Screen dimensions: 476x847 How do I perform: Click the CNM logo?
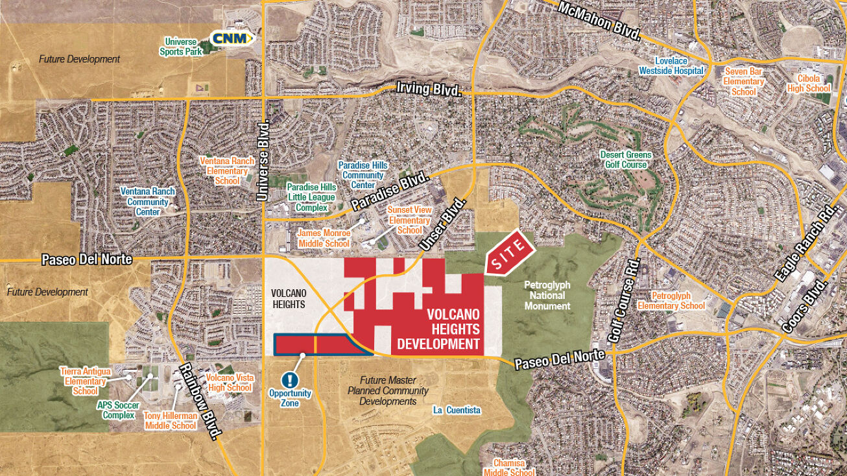[232, 38]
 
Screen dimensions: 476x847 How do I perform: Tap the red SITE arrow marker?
[509, 254]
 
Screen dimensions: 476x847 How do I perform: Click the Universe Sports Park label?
[184, 46]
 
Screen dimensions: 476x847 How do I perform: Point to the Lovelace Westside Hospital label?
[671, 65]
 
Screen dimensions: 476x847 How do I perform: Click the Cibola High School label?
[809, 83]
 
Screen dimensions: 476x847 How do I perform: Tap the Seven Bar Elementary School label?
[744, 82]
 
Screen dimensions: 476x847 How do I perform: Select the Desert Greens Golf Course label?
[625, 160]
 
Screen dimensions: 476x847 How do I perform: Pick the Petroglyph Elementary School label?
[671, 301]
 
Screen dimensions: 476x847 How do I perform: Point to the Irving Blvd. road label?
[429, 89]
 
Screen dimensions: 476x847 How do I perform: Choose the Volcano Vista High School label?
[229, 383]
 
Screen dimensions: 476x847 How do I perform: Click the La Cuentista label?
[457, 411]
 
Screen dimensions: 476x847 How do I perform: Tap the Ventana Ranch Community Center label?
[148, 202]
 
